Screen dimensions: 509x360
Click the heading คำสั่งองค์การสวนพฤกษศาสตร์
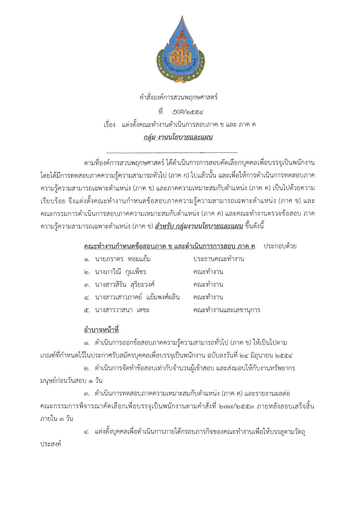(x=179, y=97)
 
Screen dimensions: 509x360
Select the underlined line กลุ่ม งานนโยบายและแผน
(x=178, y=137)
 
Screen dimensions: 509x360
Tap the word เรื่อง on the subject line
(x=109, y=125)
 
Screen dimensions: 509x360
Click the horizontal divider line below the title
(x=172, y=153)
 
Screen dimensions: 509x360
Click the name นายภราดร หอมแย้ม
(x=123, y=259)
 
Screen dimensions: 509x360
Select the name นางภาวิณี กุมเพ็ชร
(x=120, y=272)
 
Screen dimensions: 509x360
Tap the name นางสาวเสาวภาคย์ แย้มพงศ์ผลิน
(x=137, y=297)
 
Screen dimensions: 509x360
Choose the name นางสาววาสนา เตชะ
(x=122, y=310)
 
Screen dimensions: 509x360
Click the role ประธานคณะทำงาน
(x=219, y=259)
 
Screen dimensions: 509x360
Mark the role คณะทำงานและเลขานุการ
(x=226, y=310)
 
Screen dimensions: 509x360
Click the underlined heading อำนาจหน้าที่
(x=101, y=330)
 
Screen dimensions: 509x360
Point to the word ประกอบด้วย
(x=280, y=246)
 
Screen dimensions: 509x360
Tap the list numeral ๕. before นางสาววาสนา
(x=87, y=310)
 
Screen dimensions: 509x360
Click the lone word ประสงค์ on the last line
(x=51, y=444)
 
